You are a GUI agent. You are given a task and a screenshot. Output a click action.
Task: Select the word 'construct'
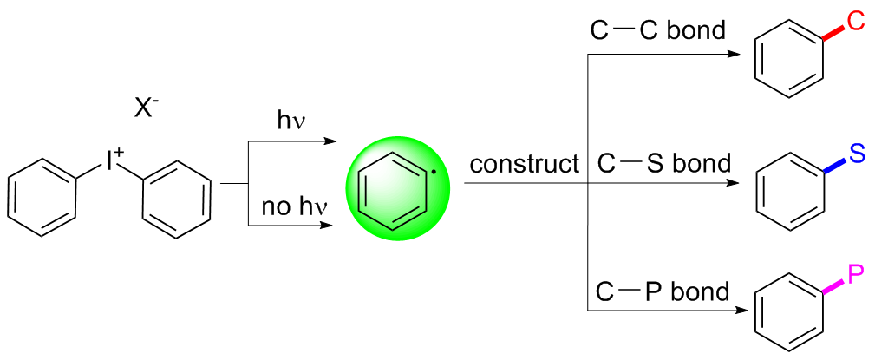coord(524,162)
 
